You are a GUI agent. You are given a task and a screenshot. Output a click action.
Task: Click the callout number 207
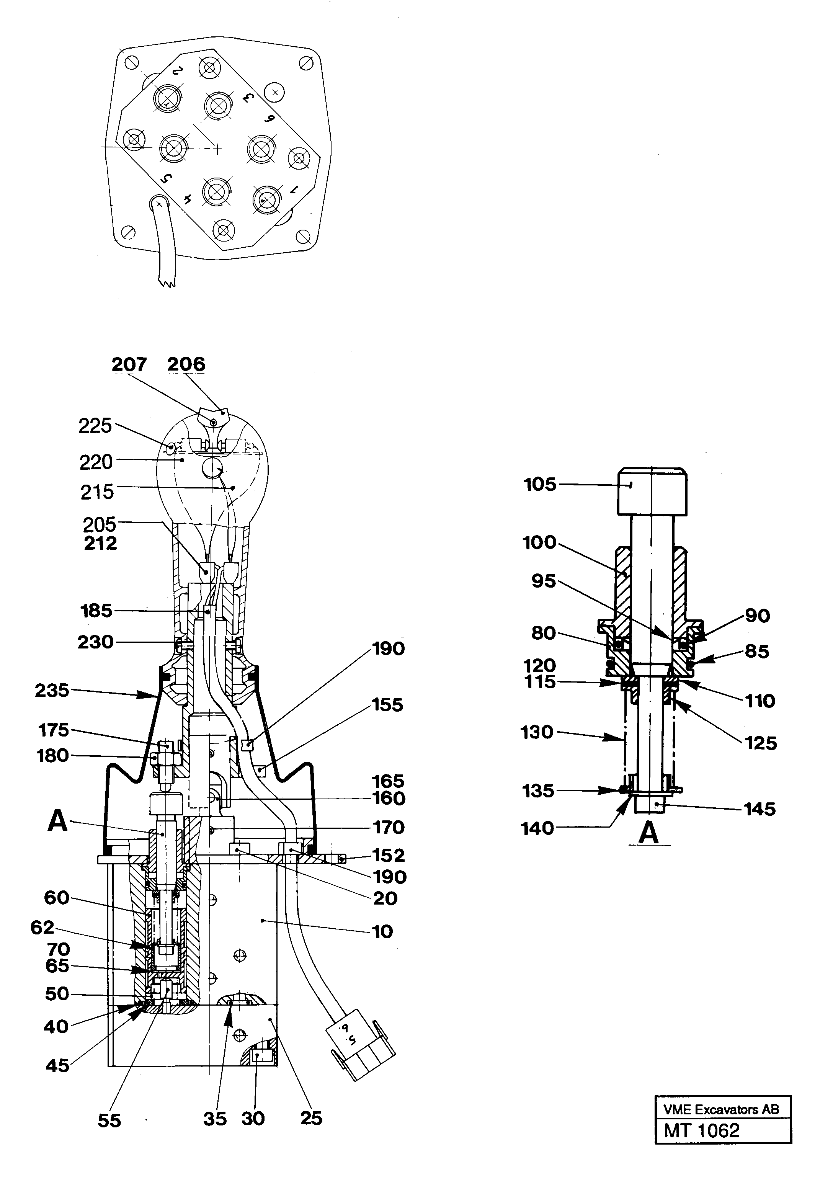coord(129,364)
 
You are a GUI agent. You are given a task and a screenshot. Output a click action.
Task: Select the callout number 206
coord(186,364)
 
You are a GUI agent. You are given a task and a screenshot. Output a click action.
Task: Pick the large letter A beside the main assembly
coord(57,822)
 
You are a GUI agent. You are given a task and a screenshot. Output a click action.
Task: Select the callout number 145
coord(759,809)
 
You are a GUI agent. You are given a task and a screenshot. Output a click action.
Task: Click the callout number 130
coord(537,732)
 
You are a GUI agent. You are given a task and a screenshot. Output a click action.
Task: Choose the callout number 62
coord(42,928)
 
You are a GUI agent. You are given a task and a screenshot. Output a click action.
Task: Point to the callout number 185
coord(96,611)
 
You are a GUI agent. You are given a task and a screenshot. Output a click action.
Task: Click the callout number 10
coord(382,932)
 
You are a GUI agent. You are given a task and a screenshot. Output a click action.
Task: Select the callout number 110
coord(759,701)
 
